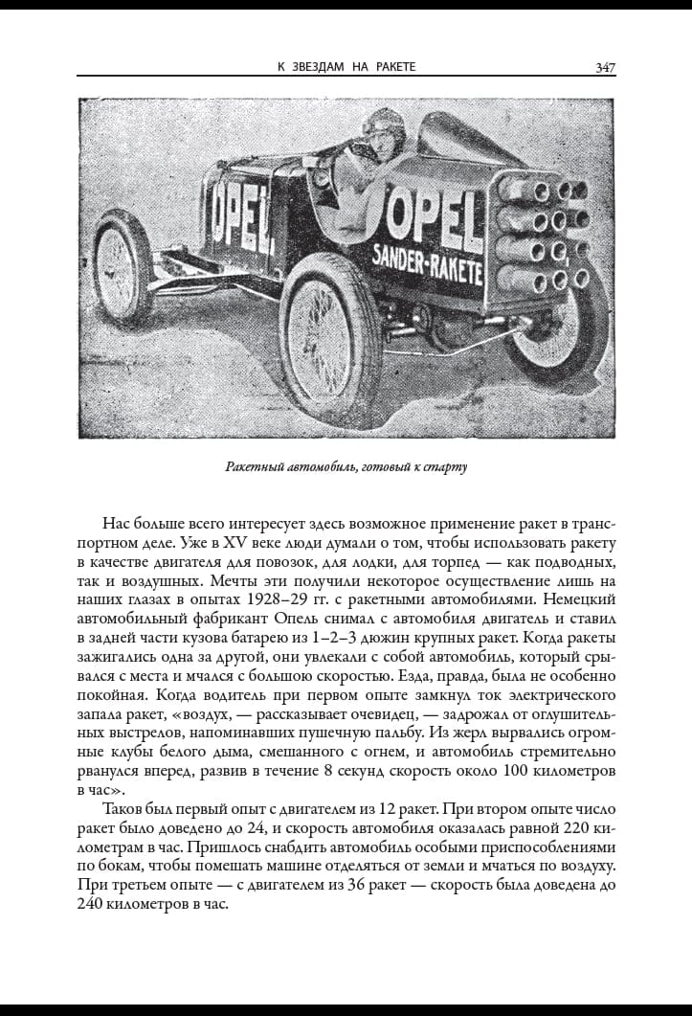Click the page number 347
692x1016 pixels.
point(604,67)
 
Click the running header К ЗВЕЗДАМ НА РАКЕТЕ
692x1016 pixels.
point(346,67)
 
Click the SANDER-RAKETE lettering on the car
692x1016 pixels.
point(428,258)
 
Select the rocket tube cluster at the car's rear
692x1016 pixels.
point(542,236)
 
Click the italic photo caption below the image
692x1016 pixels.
point(346,468)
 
